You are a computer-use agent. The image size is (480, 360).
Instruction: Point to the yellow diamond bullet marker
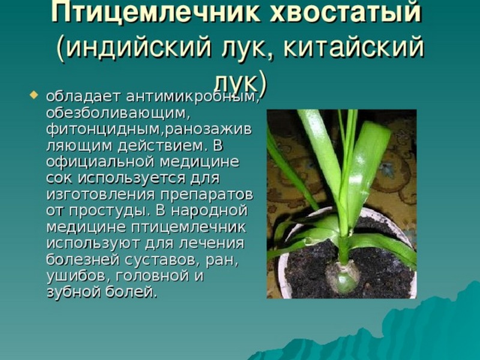(x=34, y=94)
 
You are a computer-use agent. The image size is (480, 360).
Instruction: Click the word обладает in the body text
(x=74, y=96)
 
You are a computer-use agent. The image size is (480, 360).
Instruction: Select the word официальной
(x=98, y=162)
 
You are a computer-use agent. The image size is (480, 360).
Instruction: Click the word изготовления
(x=98, y=194)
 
